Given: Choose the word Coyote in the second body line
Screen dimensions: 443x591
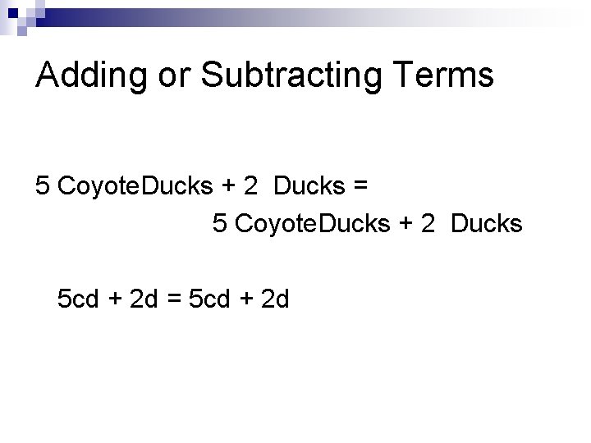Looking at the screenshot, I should pyautogui.click(x=276, y=223).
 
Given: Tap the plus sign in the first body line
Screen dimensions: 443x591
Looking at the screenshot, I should pyautogui.click(x=227, y=186).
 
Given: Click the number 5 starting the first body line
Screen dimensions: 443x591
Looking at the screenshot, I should pyautogui.click(x=44, y=186).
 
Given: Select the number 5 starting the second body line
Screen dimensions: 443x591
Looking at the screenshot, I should pyautogui.click(x=219, y=223).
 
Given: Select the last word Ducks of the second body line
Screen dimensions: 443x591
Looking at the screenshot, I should pyautogui.click(x=487, y=223).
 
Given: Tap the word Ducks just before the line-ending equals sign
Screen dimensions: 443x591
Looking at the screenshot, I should pyautogui.click(x=310, y=186).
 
